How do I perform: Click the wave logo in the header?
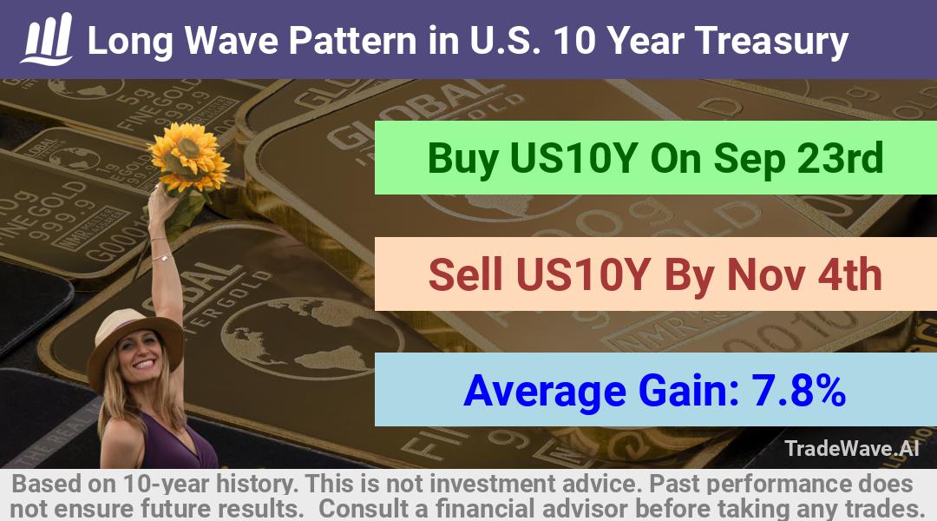(47, 39)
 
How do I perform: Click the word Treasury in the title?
(771, 42)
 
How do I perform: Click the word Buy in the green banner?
(463, 159)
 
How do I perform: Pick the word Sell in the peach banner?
(465, 274)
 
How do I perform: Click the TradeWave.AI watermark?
(852, 448)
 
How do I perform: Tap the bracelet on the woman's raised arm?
(162, 257)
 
